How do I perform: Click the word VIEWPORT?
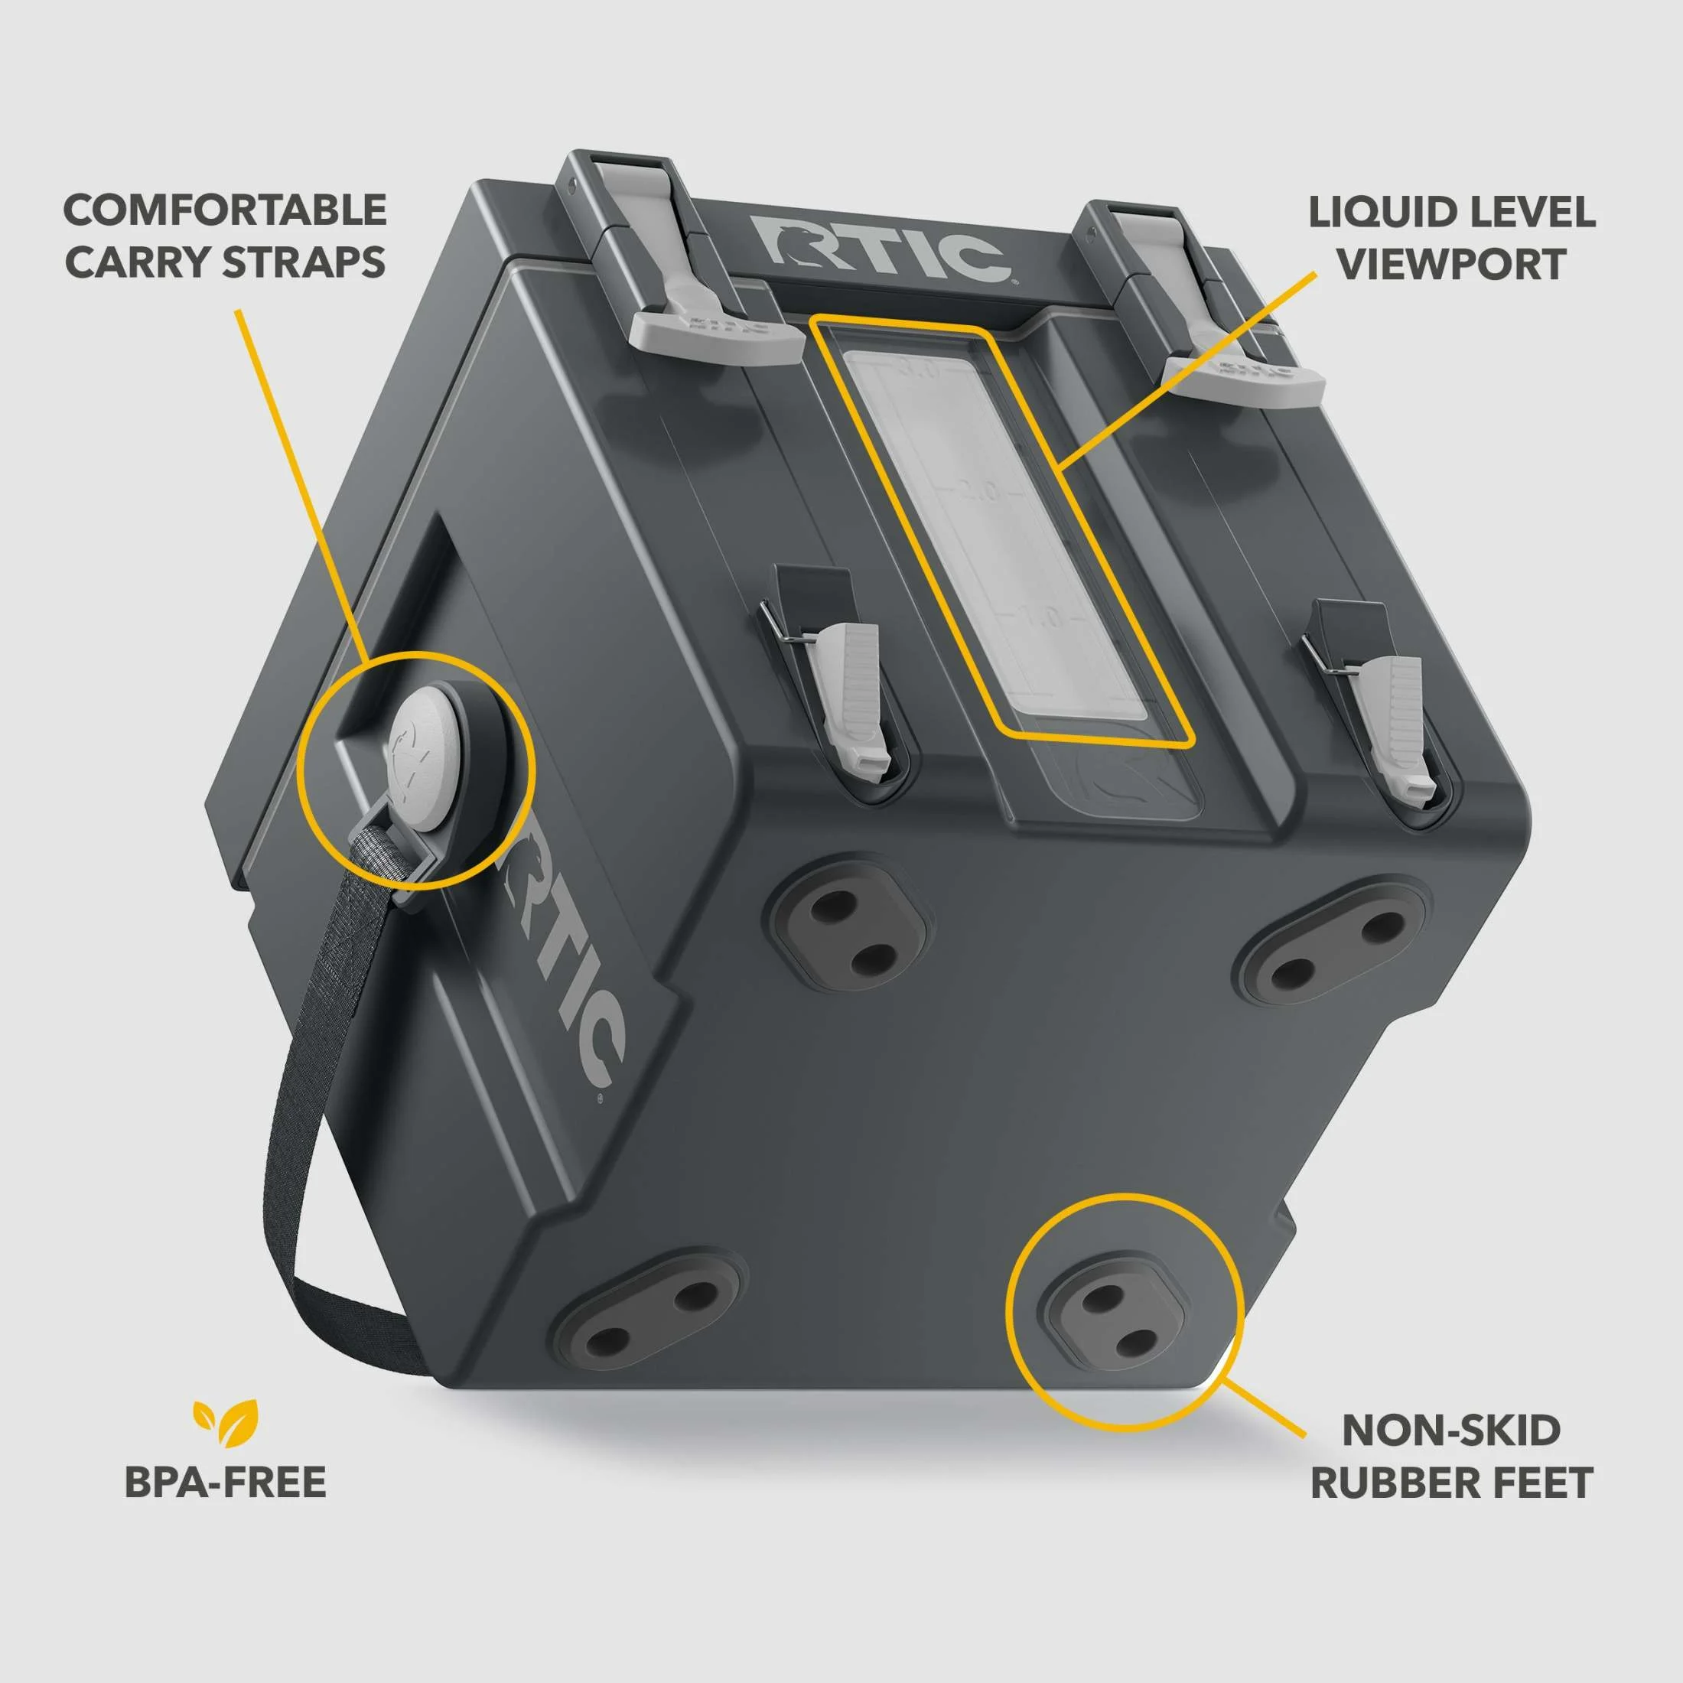1451,264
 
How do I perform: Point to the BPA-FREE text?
226,1482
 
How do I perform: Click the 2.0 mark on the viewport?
981,492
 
